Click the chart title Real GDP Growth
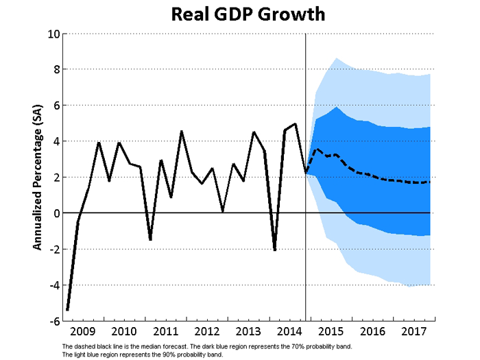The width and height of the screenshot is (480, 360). tap(239, 14)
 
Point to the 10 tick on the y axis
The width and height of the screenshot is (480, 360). tap(53, 34)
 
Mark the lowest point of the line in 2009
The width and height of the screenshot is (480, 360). tap(67, 310)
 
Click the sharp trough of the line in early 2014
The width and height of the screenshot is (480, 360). tap(275, 250)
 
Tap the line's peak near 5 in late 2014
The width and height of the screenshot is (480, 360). tap(296, 124)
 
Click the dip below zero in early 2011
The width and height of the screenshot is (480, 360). tap(150, 240)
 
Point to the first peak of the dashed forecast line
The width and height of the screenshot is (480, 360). tap(316, 149)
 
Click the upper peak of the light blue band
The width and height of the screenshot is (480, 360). tap(337, 58)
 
